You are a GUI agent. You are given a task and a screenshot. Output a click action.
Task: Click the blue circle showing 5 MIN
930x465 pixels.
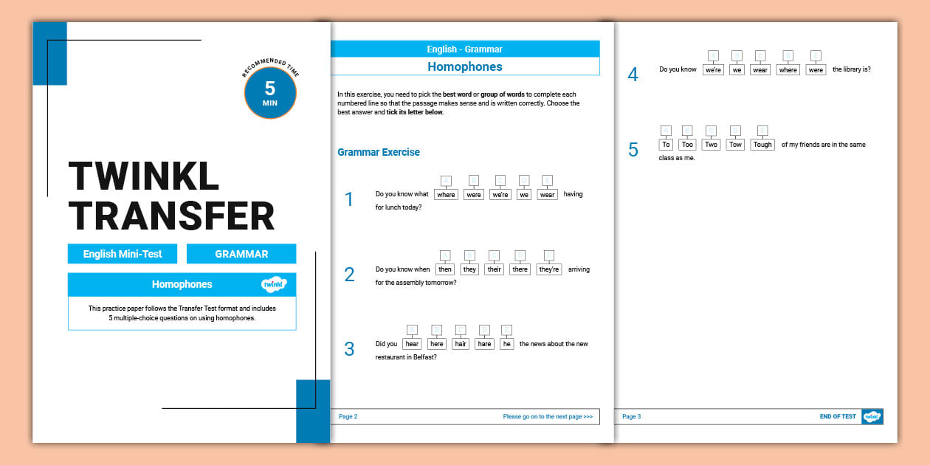(270, 92)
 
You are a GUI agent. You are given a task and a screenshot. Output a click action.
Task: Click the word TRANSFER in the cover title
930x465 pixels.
(171, 216)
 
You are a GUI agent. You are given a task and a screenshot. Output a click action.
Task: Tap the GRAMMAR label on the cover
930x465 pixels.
(241, 254)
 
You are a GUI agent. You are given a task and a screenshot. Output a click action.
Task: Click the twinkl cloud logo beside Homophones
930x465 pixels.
(274, 284)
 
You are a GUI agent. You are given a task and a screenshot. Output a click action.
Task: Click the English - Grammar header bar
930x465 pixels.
(464, 49)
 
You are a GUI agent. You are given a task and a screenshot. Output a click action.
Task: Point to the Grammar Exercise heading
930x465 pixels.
(379, 152)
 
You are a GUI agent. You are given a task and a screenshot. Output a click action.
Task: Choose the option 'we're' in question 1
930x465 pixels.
(500, 195)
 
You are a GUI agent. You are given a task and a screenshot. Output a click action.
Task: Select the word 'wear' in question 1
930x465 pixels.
(547, 195)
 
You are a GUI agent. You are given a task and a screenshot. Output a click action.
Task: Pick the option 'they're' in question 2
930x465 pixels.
(548, 269)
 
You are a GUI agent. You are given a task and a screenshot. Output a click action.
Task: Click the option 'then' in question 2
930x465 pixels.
(445, 269)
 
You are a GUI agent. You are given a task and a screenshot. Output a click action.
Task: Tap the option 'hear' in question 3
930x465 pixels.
(412, 344)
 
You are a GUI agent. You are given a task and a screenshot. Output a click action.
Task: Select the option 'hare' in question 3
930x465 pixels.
(484, 344)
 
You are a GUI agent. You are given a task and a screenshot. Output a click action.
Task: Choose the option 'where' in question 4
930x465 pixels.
(788, 70)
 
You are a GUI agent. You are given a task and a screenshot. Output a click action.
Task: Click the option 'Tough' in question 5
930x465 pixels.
(762, 145)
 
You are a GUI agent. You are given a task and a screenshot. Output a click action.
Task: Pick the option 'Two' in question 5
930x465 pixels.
(711, 145)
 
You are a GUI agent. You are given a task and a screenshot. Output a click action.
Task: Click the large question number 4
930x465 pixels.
(633, 75)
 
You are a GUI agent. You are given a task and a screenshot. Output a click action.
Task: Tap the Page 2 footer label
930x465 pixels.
(348, 417)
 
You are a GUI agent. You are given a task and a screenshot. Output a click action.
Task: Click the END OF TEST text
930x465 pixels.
(838, 417)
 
